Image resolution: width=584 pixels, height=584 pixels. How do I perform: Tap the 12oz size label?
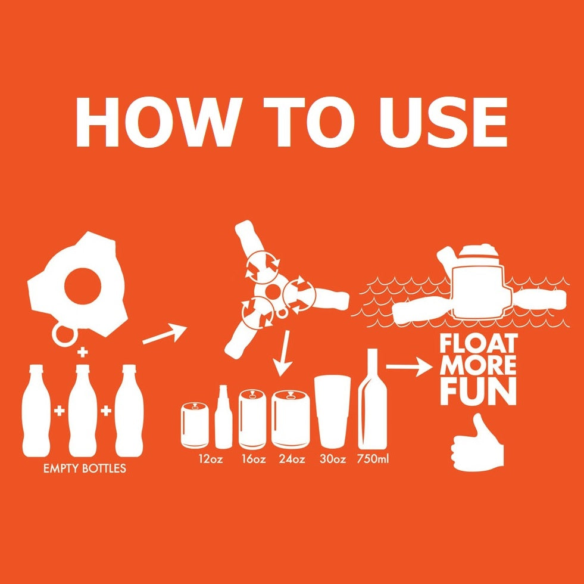point(210,459)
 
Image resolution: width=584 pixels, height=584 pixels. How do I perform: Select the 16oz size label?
point(254,459)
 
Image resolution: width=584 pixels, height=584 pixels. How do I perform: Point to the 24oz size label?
point(292,459)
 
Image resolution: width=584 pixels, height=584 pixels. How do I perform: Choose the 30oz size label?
point(333,459)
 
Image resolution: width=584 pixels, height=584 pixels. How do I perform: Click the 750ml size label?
point(373,459)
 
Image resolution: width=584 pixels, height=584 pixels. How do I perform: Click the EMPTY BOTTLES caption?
point(85,468)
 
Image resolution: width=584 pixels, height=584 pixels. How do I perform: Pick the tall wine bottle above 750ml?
point(373,399)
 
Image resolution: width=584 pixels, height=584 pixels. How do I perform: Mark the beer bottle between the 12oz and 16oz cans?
point(223,417)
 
